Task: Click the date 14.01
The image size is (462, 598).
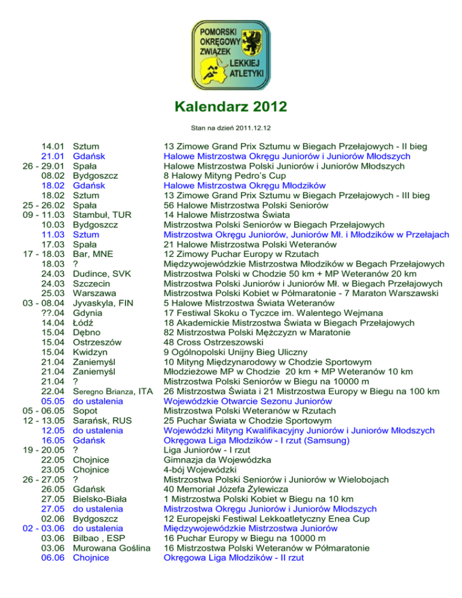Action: point(53,146)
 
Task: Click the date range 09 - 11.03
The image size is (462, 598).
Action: point(43,214)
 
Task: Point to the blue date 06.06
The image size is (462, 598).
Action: point(53,558)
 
